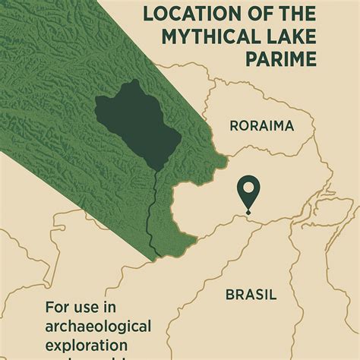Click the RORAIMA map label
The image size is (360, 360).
pyautogui.click(x=262, y=126)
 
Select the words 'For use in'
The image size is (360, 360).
pyautogui.click(x=80, y=308)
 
